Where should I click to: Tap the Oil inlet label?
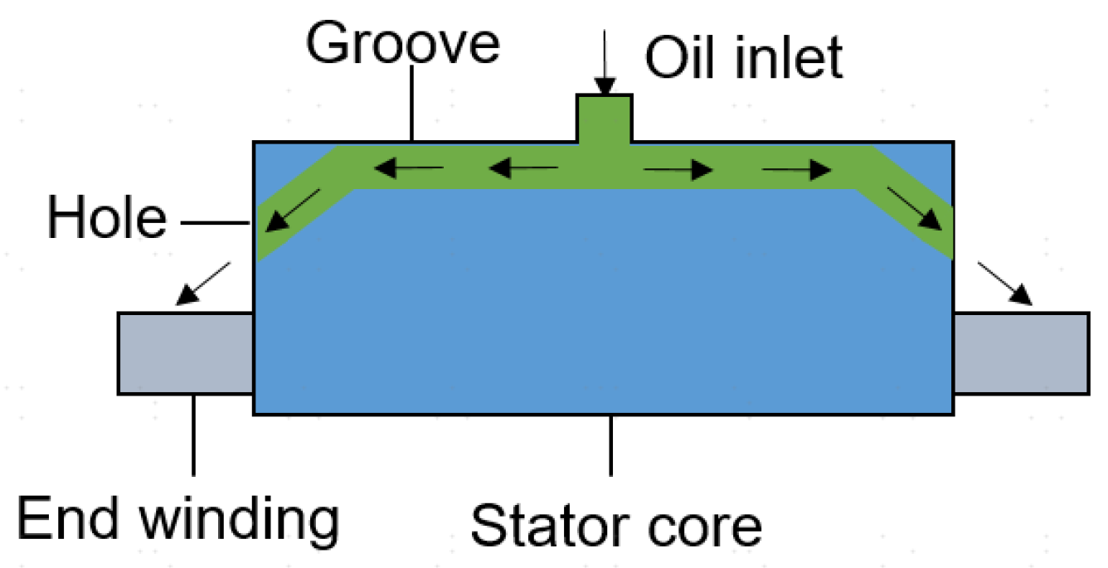[744, 57]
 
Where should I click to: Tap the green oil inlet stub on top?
[605, 119]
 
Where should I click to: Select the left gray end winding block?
[185, 352]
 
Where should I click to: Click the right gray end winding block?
[1021, 352]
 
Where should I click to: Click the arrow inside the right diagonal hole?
[916, 209]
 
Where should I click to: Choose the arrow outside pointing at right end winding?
[1005, 284]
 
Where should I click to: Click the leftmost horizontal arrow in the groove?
[407, 170]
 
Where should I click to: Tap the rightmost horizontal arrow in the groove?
[796, 171]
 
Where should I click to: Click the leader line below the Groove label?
[412, 104]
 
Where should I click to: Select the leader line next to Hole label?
[215, 222]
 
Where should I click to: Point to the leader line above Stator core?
[611, 444]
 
